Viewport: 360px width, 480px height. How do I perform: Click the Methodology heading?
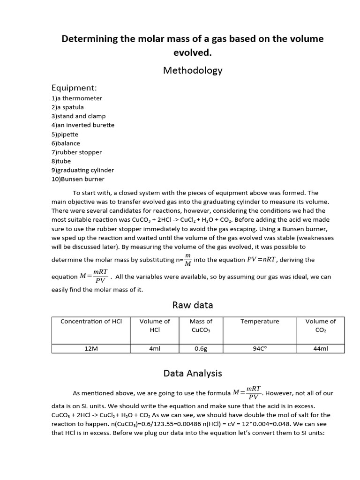point(192,70)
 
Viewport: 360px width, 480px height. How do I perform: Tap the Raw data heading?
point(192,305)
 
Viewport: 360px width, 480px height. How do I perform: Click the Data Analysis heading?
point(192,373)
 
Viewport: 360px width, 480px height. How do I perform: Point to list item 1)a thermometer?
point(77,98)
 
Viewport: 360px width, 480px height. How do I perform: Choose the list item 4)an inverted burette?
point(83,125)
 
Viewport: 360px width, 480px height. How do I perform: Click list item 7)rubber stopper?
point(76,152)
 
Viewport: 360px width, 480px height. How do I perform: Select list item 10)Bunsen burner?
point(78,179)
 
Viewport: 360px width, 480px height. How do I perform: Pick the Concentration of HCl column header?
point(91,322)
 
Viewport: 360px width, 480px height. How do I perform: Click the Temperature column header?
point(260,322)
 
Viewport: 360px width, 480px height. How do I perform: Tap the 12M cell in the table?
point(91,349)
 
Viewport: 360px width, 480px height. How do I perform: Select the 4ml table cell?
point(154,349)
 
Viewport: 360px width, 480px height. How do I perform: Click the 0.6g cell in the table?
point(201,349)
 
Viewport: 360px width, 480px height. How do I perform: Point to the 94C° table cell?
point(260,349)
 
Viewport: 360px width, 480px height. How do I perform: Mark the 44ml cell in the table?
point(321,349)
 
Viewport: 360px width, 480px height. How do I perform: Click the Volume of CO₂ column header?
point(321,326)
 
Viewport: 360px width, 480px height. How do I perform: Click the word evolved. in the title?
point(193,52)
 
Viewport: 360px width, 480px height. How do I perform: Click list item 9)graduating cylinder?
point(82,170)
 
